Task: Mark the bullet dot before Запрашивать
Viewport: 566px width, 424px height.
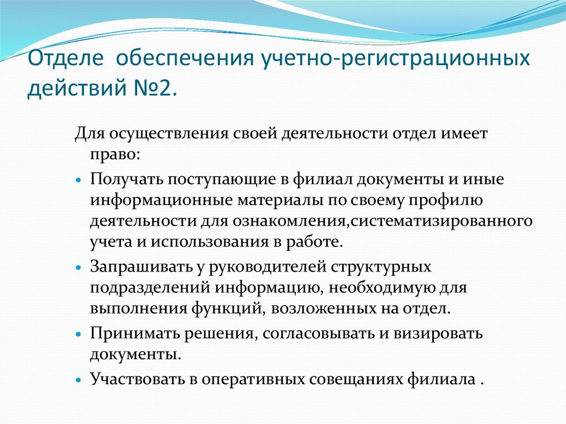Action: click(80, 267)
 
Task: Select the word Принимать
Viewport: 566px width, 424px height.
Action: click(134, 334)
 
